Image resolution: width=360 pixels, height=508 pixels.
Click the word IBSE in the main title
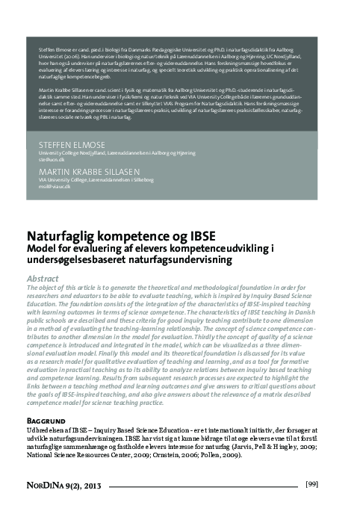pyautogui.click(x=202, y=233)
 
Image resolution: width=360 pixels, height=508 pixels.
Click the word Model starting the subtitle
pyautogui.click(x=43, y=247)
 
